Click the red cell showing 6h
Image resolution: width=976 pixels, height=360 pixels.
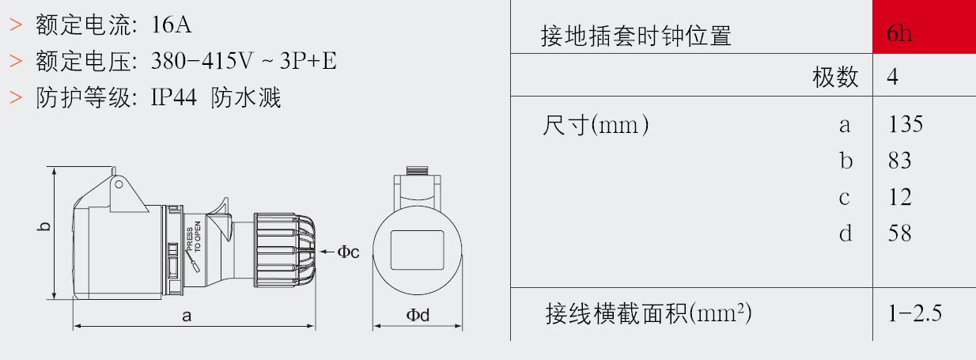924,27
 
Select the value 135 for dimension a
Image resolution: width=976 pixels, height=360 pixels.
906,124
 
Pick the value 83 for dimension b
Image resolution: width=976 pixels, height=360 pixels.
900,161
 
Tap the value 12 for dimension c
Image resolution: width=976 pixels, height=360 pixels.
900,197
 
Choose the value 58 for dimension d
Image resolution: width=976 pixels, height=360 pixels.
900,233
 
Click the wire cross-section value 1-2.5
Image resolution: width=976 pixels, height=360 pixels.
914,313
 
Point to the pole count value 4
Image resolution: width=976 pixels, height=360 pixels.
892,77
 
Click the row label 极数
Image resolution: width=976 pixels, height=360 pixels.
835,78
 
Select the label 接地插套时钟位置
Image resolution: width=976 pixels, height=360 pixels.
636,36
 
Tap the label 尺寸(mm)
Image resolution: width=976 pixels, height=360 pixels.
596,125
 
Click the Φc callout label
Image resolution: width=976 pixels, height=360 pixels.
348,252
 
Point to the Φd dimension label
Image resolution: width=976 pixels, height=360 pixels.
418,315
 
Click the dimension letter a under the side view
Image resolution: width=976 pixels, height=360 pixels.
187,316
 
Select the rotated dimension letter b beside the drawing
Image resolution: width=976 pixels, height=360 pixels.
44,226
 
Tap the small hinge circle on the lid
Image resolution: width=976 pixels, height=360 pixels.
119,184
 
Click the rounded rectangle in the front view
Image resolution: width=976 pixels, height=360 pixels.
418,250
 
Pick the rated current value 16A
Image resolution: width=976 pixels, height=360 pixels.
172,25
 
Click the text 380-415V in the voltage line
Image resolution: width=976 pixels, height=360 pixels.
202,61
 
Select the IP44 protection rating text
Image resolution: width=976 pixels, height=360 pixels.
173,97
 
